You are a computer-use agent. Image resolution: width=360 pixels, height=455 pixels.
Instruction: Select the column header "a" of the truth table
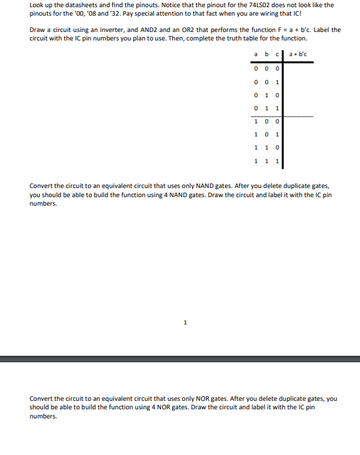pyautogui.click(x=256, y=53)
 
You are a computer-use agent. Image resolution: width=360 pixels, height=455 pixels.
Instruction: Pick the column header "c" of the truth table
pyautogui.click(x=277, y=53)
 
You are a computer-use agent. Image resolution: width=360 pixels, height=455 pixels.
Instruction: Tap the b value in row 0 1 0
pyautogui.click(x=267, y=95)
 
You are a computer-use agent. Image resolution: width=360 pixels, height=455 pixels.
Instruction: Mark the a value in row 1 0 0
pyautogui.click(x=256, y=121)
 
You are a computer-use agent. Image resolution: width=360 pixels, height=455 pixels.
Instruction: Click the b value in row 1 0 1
pyautogui.click(x=267, y=134)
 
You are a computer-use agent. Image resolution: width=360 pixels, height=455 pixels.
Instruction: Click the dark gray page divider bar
pyautogui.click(x=180, y=358)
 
